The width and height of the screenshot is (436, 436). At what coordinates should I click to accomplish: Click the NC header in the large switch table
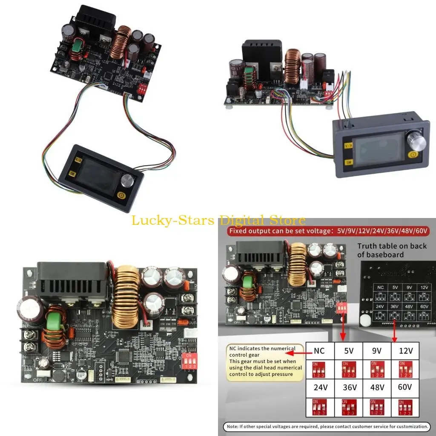[x=319, y=351]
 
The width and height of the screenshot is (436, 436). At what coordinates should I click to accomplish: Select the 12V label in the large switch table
[x=405, y=351]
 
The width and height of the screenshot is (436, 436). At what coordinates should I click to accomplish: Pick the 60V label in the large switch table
[x=405, y=388]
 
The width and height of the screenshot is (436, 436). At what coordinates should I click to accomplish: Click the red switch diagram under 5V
[x=348, y=369]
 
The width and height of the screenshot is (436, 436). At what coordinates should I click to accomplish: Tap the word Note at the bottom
[x=233, y=426]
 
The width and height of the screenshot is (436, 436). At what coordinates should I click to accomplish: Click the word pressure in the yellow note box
[x=282, y=374]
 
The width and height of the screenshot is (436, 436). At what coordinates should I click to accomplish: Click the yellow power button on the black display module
[x=121, y=197]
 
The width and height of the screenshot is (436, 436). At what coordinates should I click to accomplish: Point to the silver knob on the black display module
[x=127, y=181]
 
